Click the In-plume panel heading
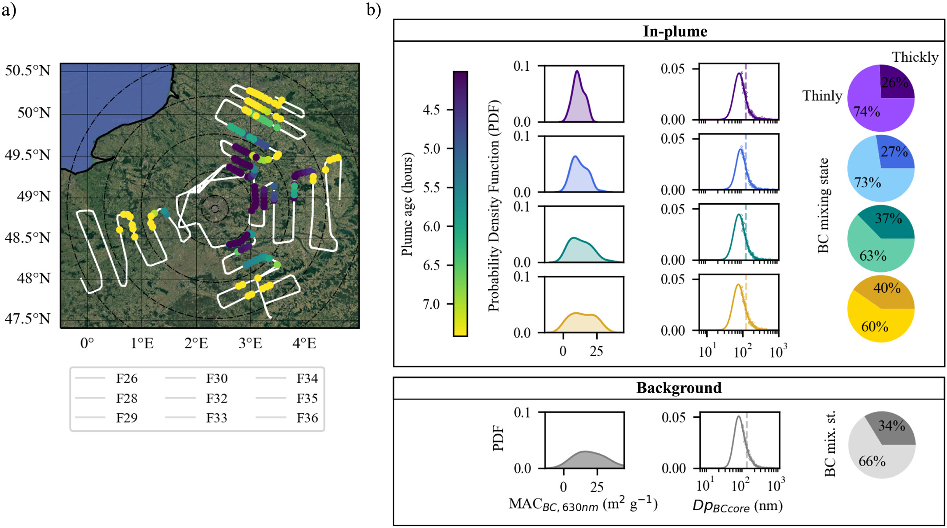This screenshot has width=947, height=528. tap(675, 32)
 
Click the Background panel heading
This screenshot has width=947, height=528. tap(679, 388)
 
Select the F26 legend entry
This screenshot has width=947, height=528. tap(127, 379)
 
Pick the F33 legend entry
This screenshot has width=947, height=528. tap(217, 418)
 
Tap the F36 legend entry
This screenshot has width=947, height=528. tap(307, 418)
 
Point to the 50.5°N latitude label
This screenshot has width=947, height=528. tap(28, 71)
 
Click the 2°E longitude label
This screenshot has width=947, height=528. tap(196, 343)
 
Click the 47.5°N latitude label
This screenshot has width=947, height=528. tap(28, 319)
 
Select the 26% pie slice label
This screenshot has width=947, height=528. tap(895, 82)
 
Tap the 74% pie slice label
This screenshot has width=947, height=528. tap(866, 112)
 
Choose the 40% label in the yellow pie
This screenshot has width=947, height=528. tap(887, 288)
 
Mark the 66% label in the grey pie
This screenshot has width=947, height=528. tap(872, 461)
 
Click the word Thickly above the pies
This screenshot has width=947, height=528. tap(915, 57)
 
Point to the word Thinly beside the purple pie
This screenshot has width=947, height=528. tap(822, 96)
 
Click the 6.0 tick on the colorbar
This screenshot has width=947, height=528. tap(432, 226)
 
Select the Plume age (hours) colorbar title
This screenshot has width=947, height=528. tap(407, 205)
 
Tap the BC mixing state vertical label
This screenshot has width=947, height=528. tap(823, 206)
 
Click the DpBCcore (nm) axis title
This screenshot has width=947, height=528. tap(737, 506)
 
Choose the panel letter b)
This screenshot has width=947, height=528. tap(374, 10)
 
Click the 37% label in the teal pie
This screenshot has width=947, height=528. tap(888, 218)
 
